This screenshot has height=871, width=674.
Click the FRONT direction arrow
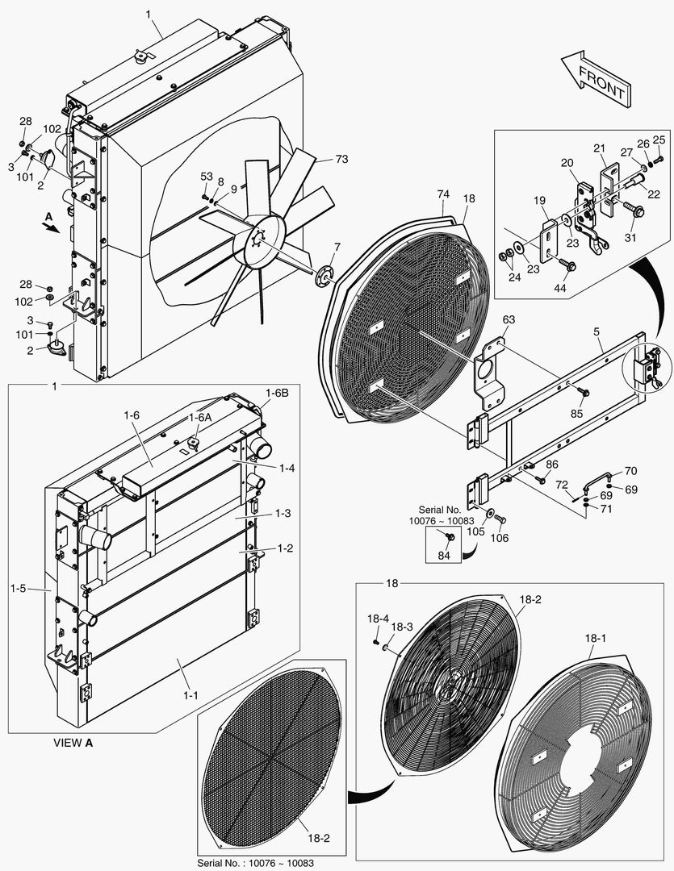(594, 78)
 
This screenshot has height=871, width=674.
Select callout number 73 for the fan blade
(341, 160)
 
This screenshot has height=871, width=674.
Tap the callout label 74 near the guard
(442, 194)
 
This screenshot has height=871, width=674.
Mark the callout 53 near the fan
(207, 176)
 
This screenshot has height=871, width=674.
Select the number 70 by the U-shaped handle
(630, 471)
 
